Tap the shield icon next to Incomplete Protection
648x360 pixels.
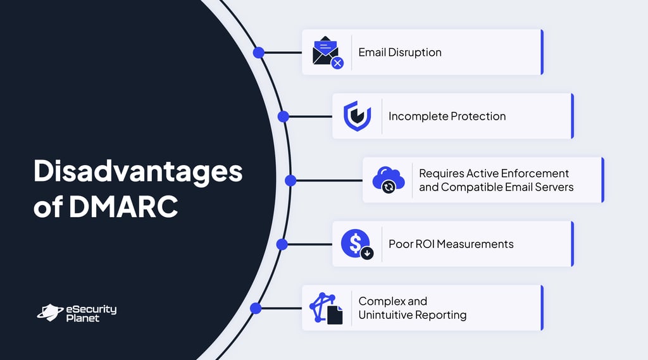pyautogui.click(x=357, y=116)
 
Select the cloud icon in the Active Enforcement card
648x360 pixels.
pyautogui.click(x=387, y=180)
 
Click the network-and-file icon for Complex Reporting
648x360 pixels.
pyautogui.click(x=326, y=308)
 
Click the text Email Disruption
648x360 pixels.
pyautogui.click(x=399, y=53)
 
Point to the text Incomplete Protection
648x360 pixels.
pyautogui.click(x=447, y=116)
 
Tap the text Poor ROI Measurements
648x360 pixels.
pyautogui.click(x=451, y=244)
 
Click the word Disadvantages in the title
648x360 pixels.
pyautogui.click(x=138, y=172)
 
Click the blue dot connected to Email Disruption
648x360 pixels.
pyautogui.click(x=258, y=53)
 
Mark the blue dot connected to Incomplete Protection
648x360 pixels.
pyautogui.click(x=283, y=116)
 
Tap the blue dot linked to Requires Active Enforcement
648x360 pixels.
pyautogui.click(x=290, y=180)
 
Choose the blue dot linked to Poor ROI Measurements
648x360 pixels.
pyautogui.click(x=282, y=244)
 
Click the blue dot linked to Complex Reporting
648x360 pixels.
pyautogui.click(x=256, y=308)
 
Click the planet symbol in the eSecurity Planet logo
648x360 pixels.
pyautogui.click(x=49, y=311)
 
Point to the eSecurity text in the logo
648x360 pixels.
pyautogui.click(x=91, y=309)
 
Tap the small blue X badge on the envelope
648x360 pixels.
pyautogui.click(x=338, y=63)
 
